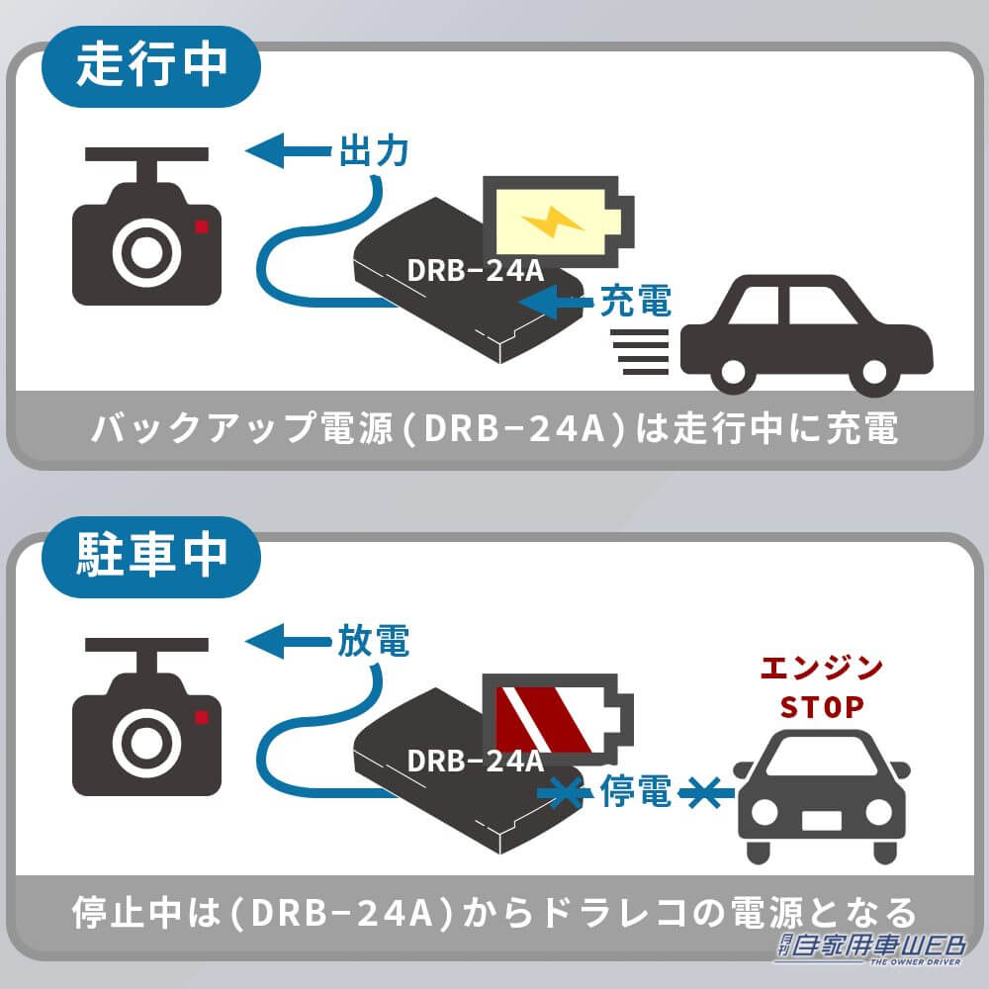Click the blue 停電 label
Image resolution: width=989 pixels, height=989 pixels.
click(636, 791)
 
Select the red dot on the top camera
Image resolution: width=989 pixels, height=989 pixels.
click(202, 225)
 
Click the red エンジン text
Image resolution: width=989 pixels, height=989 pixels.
click(822, 669)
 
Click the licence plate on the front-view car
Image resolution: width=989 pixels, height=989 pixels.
click(821, 820)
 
